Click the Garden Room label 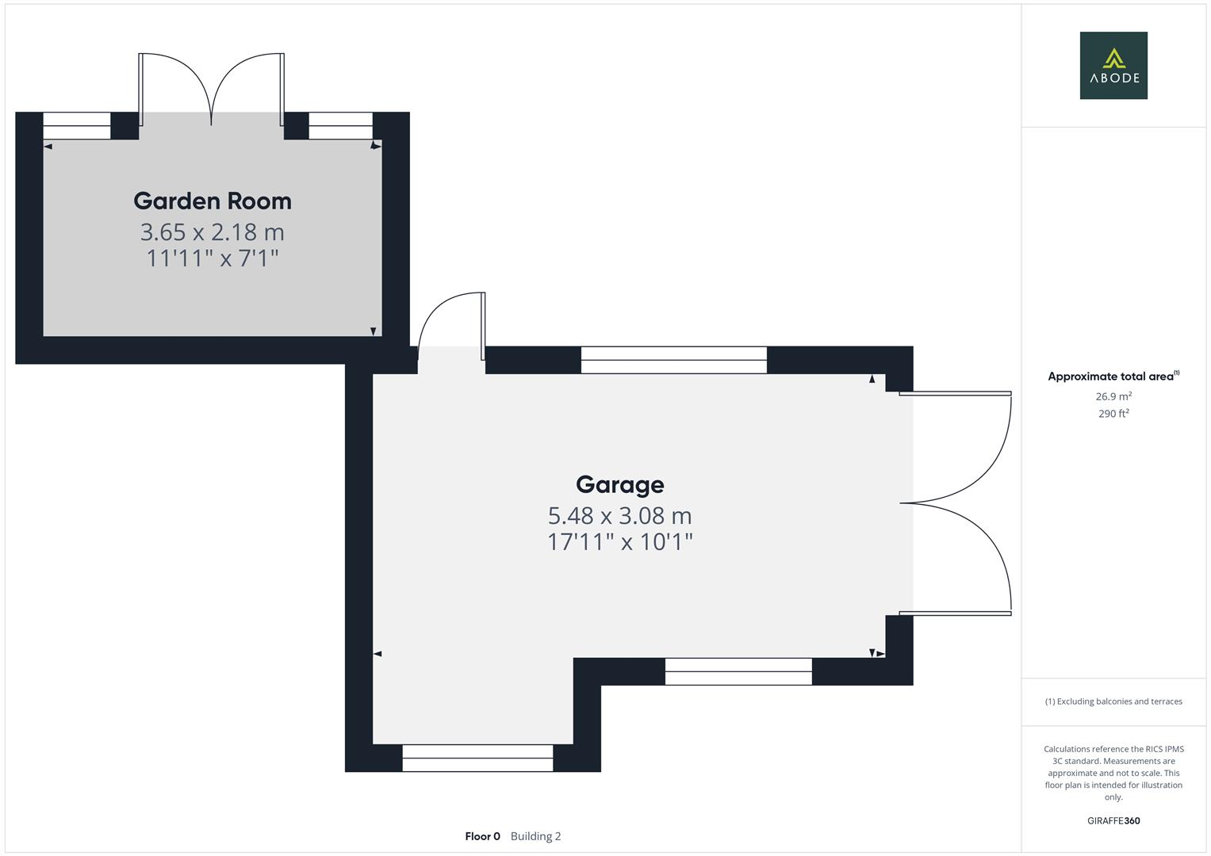pos(213,201)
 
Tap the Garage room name pos(619,484)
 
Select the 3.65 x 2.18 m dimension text pos(213,232)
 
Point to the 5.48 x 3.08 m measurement pos(619,516)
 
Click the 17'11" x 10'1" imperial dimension pos(619,542)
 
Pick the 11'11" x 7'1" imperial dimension pos(213,258)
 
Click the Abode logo pos(1113,66)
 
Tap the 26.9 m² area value pos(1113,396)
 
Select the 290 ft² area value pos(1113,414)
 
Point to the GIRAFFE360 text pos(1113,821)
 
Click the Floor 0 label pos(482,836)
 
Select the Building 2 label pos(535,836)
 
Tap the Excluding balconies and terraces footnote pos(1113,701)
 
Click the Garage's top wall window pos(673,360)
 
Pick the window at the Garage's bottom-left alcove pos(477,758)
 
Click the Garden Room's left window pos(76,126)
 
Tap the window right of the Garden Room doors pos(340,126)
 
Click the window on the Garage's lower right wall pos(738,671)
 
